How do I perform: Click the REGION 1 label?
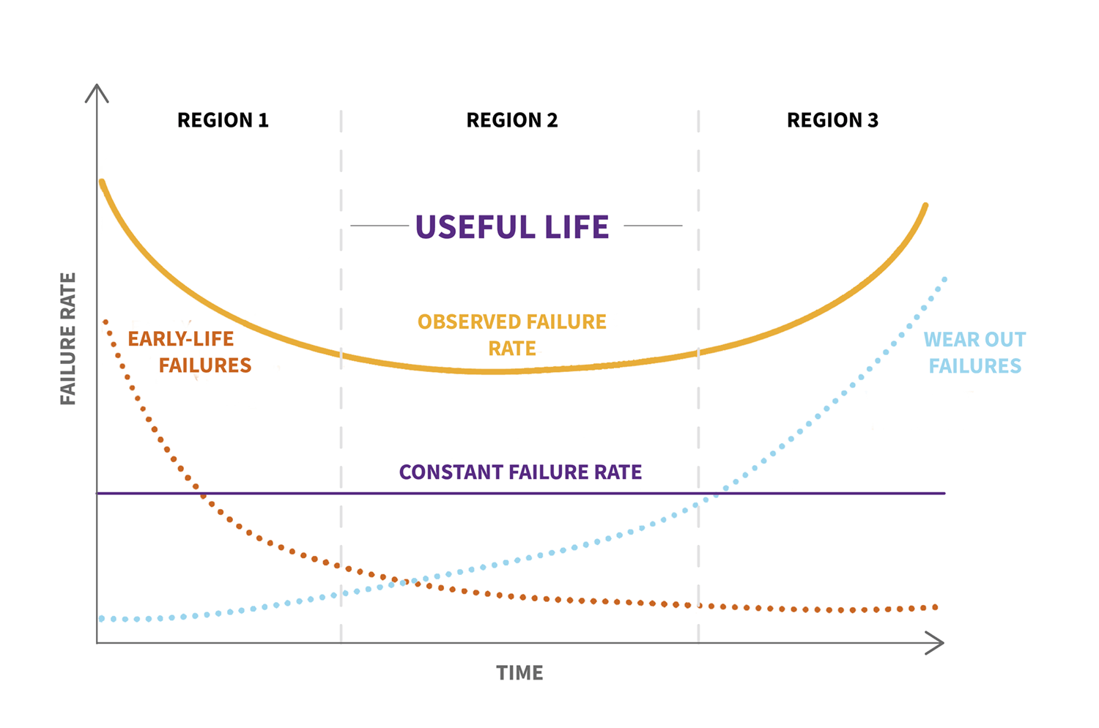point(223,120)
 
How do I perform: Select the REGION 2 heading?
point(512,120)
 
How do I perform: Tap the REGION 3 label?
point(832,120)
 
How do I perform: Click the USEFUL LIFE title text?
point(512,227)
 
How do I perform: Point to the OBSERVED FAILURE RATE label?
point(512,335)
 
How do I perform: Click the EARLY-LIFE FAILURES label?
point(190,352)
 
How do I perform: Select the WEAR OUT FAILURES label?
point(974,352)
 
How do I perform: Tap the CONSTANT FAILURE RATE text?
point(520,472)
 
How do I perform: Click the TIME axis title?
point(519,673)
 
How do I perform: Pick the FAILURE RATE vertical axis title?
point(68,338)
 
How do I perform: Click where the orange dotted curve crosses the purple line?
point(200,493)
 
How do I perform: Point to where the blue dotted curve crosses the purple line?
point(717,493)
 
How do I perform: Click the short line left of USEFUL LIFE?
point(380,226)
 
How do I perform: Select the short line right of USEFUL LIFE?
point(653,226)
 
